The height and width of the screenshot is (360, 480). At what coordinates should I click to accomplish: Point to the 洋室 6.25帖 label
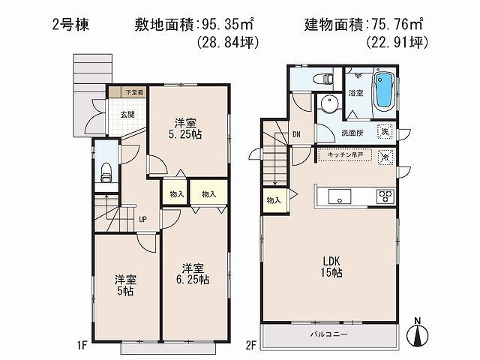coord(193,274)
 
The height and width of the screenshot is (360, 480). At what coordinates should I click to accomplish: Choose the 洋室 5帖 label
coord(124,286)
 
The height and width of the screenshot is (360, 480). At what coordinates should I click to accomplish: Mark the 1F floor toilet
coord(106,172)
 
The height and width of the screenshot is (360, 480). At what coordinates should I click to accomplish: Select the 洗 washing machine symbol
coord(385,131)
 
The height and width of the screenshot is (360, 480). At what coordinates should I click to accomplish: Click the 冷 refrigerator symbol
coord(385,157)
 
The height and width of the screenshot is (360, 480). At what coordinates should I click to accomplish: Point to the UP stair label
coord(142,220)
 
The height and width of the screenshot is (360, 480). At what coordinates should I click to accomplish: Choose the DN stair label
coord(296,135)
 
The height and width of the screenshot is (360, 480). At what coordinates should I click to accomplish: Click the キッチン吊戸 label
coord(341,154)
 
